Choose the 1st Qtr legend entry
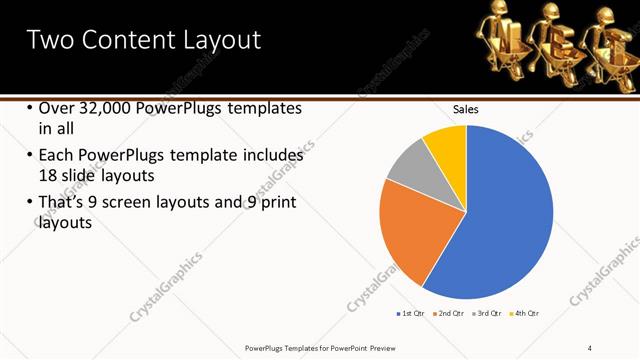(409, 314)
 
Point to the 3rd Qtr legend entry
(487, 314)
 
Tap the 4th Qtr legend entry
(525, 314)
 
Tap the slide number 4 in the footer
(589, 347)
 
